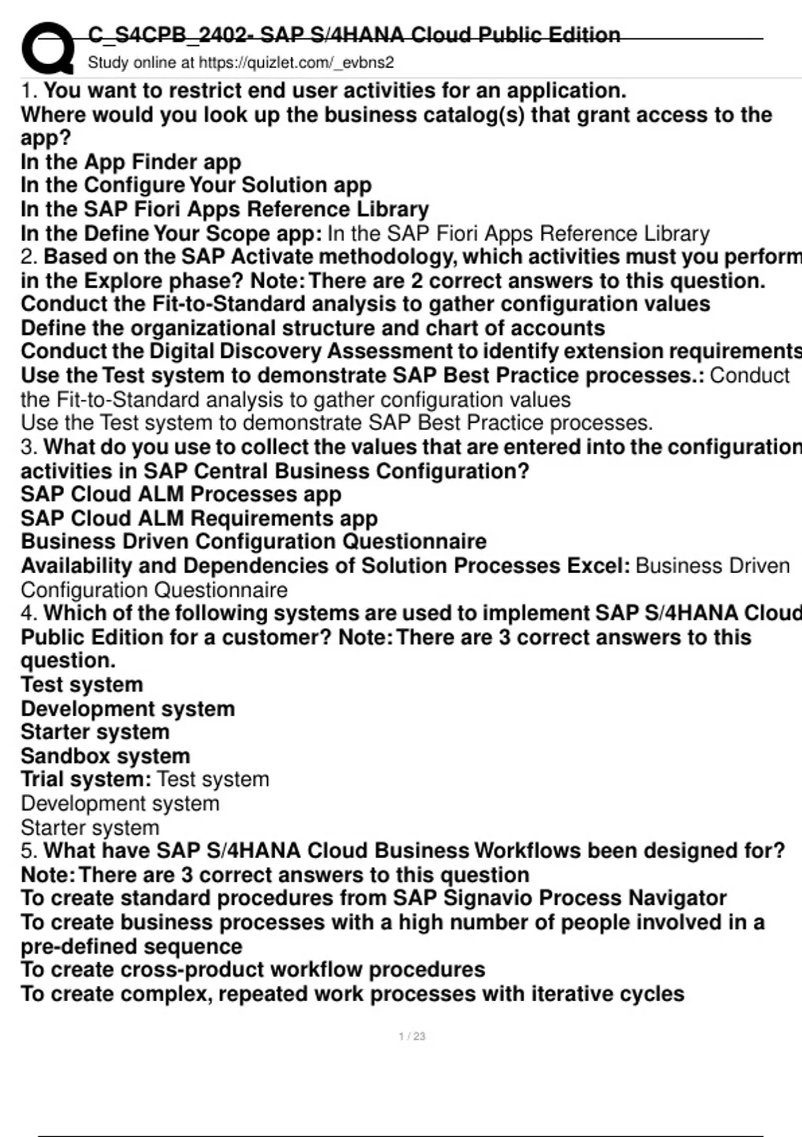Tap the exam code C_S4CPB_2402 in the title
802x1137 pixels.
[x=170, y=35]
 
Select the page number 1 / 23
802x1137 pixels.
[x=412, y=1036]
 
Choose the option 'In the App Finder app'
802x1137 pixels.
[x=131, y=162]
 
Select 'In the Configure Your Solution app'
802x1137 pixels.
[x=196, y=185]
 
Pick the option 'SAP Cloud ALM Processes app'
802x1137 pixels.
[x=181, y=494]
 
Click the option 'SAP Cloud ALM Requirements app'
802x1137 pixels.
[x=199, y=518]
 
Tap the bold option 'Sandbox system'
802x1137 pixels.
[x=106, y=756]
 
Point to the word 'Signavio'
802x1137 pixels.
[x=485, y=898]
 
